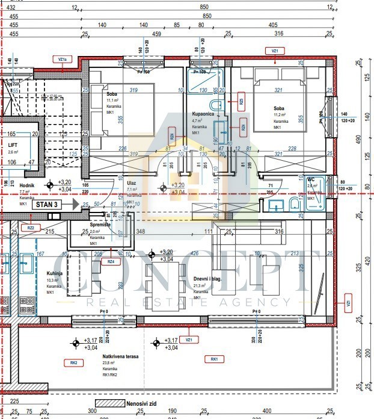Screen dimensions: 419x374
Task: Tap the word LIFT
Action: pos(13,145)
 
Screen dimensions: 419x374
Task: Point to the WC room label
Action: pos(311,179)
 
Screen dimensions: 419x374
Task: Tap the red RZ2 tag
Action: pos(31,228)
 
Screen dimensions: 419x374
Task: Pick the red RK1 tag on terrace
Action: pos(213,359)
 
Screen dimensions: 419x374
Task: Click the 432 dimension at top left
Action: pos(11,8)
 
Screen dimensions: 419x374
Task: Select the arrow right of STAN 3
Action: pos(75,205)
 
